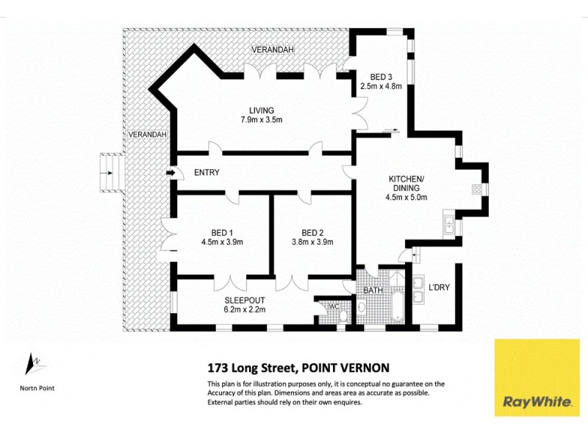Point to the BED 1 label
[221, 232]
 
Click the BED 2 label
[312, 232]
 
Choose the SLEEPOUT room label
[245, 301]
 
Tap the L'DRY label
[439, 287]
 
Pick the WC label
[333, 306]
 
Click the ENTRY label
[208, 172]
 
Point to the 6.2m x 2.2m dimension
[245, 310]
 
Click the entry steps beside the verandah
[110, 173]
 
